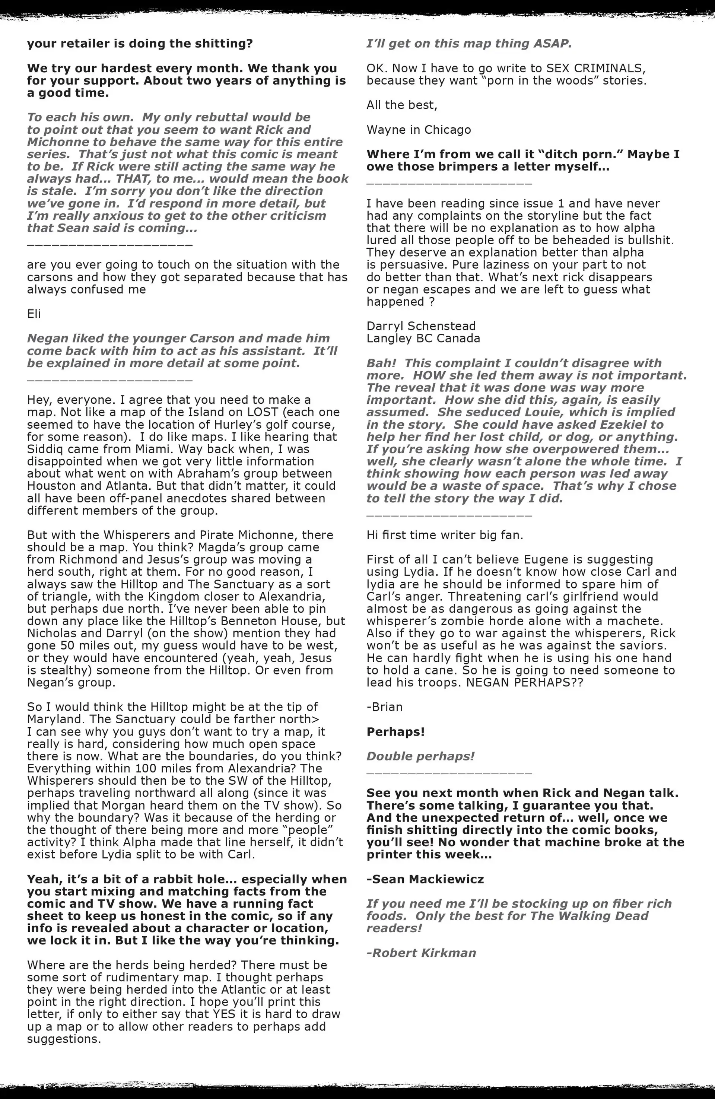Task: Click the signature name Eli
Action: pos(34,314)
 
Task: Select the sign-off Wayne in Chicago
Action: pos(419,130)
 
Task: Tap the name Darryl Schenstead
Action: pos(421,326)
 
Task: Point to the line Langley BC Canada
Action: pos(423,339)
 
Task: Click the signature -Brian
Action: pos(384,707)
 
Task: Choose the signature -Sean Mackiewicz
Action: pos(425,879)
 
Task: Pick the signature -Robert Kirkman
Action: pos(421,953)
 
